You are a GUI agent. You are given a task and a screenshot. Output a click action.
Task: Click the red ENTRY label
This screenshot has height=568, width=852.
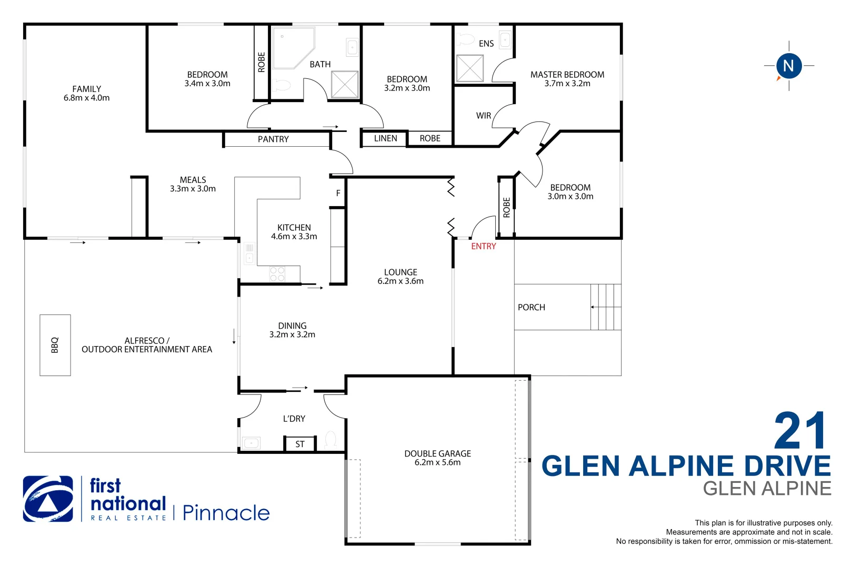483,246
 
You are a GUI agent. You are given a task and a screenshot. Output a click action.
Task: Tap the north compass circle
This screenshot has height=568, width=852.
788,66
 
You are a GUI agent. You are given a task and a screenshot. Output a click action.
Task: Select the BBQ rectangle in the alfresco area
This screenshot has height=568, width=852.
55,345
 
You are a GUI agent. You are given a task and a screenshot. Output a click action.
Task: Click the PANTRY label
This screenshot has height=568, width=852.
273,139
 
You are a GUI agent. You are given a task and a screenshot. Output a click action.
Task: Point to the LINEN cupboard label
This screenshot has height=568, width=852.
385,138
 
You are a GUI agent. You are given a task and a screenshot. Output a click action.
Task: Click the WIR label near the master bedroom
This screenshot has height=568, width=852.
483,116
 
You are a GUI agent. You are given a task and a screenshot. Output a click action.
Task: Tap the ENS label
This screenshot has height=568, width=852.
486,44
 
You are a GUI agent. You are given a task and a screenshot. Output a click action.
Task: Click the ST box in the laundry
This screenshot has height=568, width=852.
300,444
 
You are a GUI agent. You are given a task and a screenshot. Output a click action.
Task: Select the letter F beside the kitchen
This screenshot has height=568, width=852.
338,194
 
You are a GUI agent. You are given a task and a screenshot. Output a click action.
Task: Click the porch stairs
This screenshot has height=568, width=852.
606,307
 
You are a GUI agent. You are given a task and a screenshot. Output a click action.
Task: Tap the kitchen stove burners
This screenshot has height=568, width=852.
277,275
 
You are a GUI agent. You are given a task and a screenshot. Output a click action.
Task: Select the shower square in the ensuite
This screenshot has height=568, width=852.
469,68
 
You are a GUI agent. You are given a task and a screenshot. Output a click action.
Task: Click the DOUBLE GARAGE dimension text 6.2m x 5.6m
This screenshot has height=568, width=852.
437,463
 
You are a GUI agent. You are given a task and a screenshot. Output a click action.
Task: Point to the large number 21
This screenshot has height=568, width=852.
800,431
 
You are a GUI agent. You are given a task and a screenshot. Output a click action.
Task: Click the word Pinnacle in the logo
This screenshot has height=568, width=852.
226,513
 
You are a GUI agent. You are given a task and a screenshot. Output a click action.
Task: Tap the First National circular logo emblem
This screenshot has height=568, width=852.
48,499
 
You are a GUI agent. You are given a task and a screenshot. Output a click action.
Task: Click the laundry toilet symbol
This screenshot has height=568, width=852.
331,439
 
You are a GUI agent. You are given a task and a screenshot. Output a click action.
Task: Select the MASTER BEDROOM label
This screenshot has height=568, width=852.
567,75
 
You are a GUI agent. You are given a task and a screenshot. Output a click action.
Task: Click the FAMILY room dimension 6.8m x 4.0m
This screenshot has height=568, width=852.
87,98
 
